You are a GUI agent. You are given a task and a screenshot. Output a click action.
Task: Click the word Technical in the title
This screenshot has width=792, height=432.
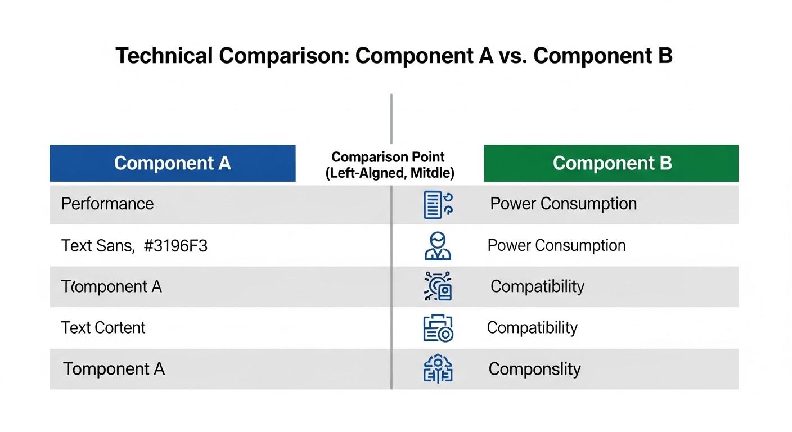click(164, 56)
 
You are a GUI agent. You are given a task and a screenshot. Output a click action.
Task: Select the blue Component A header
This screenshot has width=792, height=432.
click(173, 163)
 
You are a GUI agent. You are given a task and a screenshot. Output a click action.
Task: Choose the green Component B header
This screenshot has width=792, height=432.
click(611, 163)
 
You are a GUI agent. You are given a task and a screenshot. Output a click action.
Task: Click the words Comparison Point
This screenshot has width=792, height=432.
click(388, 157)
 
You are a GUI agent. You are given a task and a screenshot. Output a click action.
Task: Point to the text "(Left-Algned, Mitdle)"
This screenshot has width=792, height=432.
click(390, 173)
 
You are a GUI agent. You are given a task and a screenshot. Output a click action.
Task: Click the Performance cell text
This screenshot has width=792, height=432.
click(107, 203)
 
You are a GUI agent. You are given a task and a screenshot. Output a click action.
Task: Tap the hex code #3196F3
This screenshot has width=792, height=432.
click(176, 246)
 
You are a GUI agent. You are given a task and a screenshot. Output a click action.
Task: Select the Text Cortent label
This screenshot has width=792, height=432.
click(103, 328)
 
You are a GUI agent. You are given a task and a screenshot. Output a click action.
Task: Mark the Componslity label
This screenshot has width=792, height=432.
click(534, 369)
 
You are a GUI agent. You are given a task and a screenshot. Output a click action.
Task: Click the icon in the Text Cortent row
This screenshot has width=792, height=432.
click(438, 328)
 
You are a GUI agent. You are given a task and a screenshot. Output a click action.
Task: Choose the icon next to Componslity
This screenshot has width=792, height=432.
click(437, 369)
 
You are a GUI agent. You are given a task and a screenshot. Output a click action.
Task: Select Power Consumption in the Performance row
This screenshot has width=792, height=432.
click(564, 203)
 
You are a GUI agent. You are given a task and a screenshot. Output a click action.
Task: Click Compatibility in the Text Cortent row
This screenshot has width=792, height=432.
click(532, 328)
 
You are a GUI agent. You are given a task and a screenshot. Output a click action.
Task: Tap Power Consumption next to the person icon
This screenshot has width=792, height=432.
click(556, 245)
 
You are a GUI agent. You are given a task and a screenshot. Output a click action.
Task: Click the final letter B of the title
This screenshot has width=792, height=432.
click(665, 56)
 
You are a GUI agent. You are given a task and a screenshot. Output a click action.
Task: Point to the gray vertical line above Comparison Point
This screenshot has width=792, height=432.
click(391, 118)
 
